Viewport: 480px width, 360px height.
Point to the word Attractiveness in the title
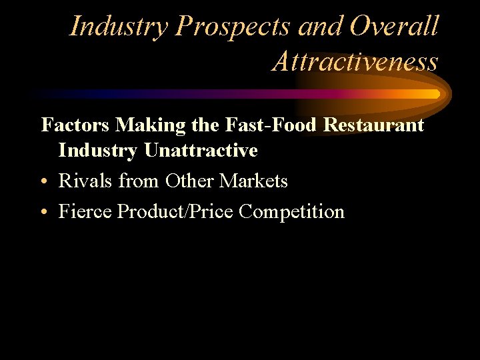355,61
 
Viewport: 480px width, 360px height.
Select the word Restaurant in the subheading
374,125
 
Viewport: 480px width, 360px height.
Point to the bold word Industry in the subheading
99,151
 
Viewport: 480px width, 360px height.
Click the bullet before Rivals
44,181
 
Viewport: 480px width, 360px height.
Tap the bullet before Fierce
44,212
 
